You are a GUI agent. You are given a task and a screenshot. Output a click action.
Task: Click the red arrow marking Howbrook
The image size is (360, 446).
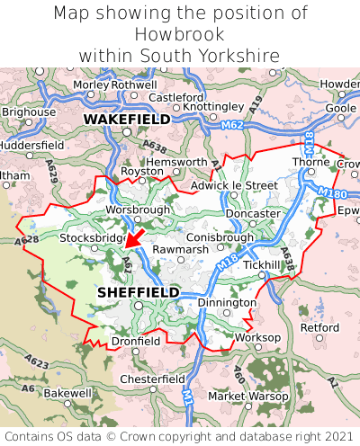coord(134,237)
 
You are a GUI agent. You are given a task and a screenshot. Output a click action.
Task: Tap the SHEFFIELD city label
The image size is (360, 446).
coord(138,292)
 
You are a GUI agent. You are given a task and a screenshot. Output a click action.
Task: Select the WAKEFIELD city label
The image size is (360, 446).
coord(126,118)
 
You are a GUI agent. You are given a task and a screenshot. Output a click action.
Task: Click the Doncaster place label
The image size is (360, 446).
coord(253,213)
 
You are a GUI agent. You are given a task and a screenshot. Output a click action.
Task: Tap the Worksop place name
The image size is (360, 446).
coord(257,337)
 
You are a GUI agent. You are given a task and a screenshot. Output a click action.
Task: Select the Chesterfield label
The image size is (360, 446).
coord(153,379)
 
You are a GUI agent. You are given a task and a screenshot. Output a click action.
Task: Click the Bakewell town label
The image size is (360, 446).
coord(67,393)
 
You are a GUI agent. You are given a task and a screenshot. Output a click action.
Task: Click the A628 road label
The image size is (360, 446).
coord(27,241)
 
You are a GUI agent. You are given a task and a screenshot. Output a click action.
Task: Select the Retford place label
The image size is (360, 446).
coord(319,327)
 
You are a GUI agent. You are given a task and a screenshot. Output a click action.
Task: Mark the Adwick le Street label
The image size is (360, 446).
coord(234,185)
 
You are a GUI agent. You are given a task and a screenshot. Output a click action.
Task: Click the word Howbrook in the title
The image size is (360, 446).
coord(180,34)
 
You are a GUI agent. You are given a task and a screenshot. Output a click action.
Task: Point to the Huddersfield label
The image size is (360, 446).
coord(31,144)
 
